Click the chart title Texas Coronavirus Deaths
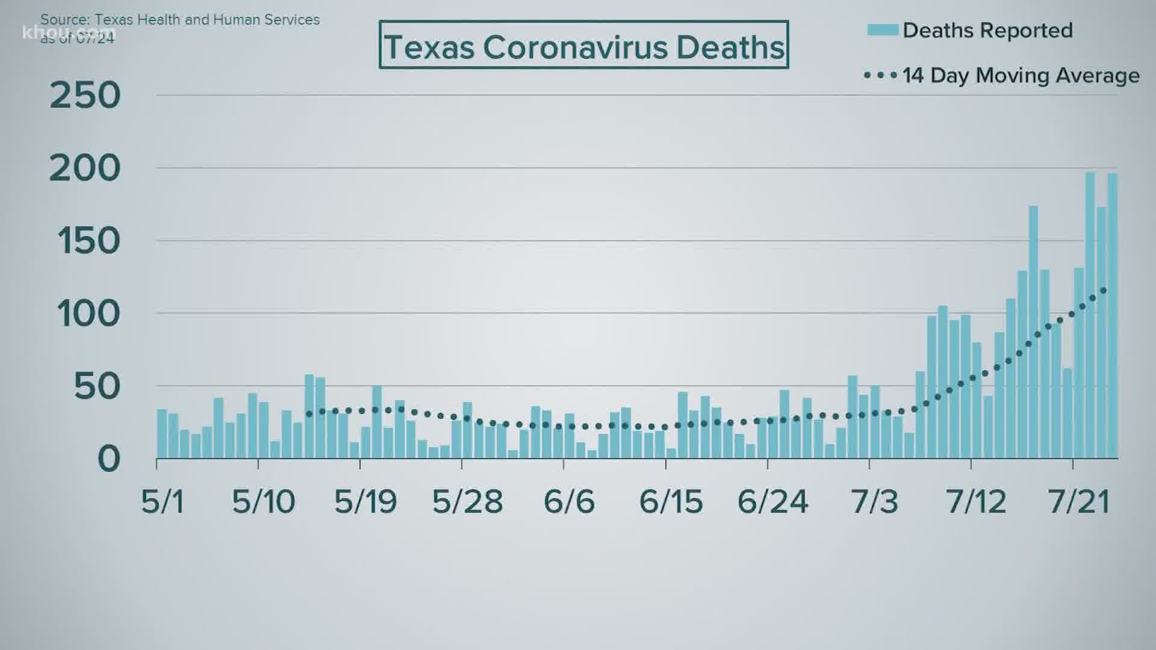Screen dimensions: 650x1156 tap(583, 46)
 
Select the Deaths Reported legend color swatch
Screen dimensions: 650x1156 tap(883, 29)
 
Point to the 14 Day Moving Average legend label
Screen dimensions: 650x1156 tap(1021, 76)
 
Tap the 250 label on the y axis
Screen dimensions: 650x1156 tap(85, 96)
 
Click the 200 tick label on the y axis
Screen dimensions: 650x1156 tap(85, 169)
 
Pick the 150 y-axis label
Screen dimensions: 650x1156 tap(89, 241)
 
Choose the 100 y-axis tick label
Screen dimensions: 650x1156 tap(89, 314)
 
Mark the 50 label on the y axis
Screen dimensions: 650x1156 tap(97, 387)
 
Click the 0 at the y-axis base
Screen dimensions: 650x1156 tap(108, 459)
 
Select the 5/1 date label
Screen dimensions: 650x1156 tap(163, 501)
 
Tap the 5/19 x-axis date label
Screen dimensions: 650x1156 tap(365, 501)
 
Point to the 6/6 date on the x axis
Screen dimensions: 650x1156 tap(569, 501)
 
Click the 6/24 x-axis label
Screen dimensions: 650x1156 tap(772, 501)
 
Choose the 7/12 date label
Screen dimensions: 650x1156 tap(976, 501)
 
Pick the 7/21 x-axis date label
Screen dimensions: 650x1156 tap(1078, 501)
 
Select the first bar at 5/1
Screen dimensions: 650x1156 tap(162, 434)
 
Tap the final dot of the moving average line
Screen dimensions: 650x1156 tap(1103, 291)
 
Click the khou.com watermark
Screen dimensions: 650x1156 tap(67, 31)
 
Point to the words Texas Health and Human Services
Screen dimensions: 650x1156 tap(207, 20)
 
